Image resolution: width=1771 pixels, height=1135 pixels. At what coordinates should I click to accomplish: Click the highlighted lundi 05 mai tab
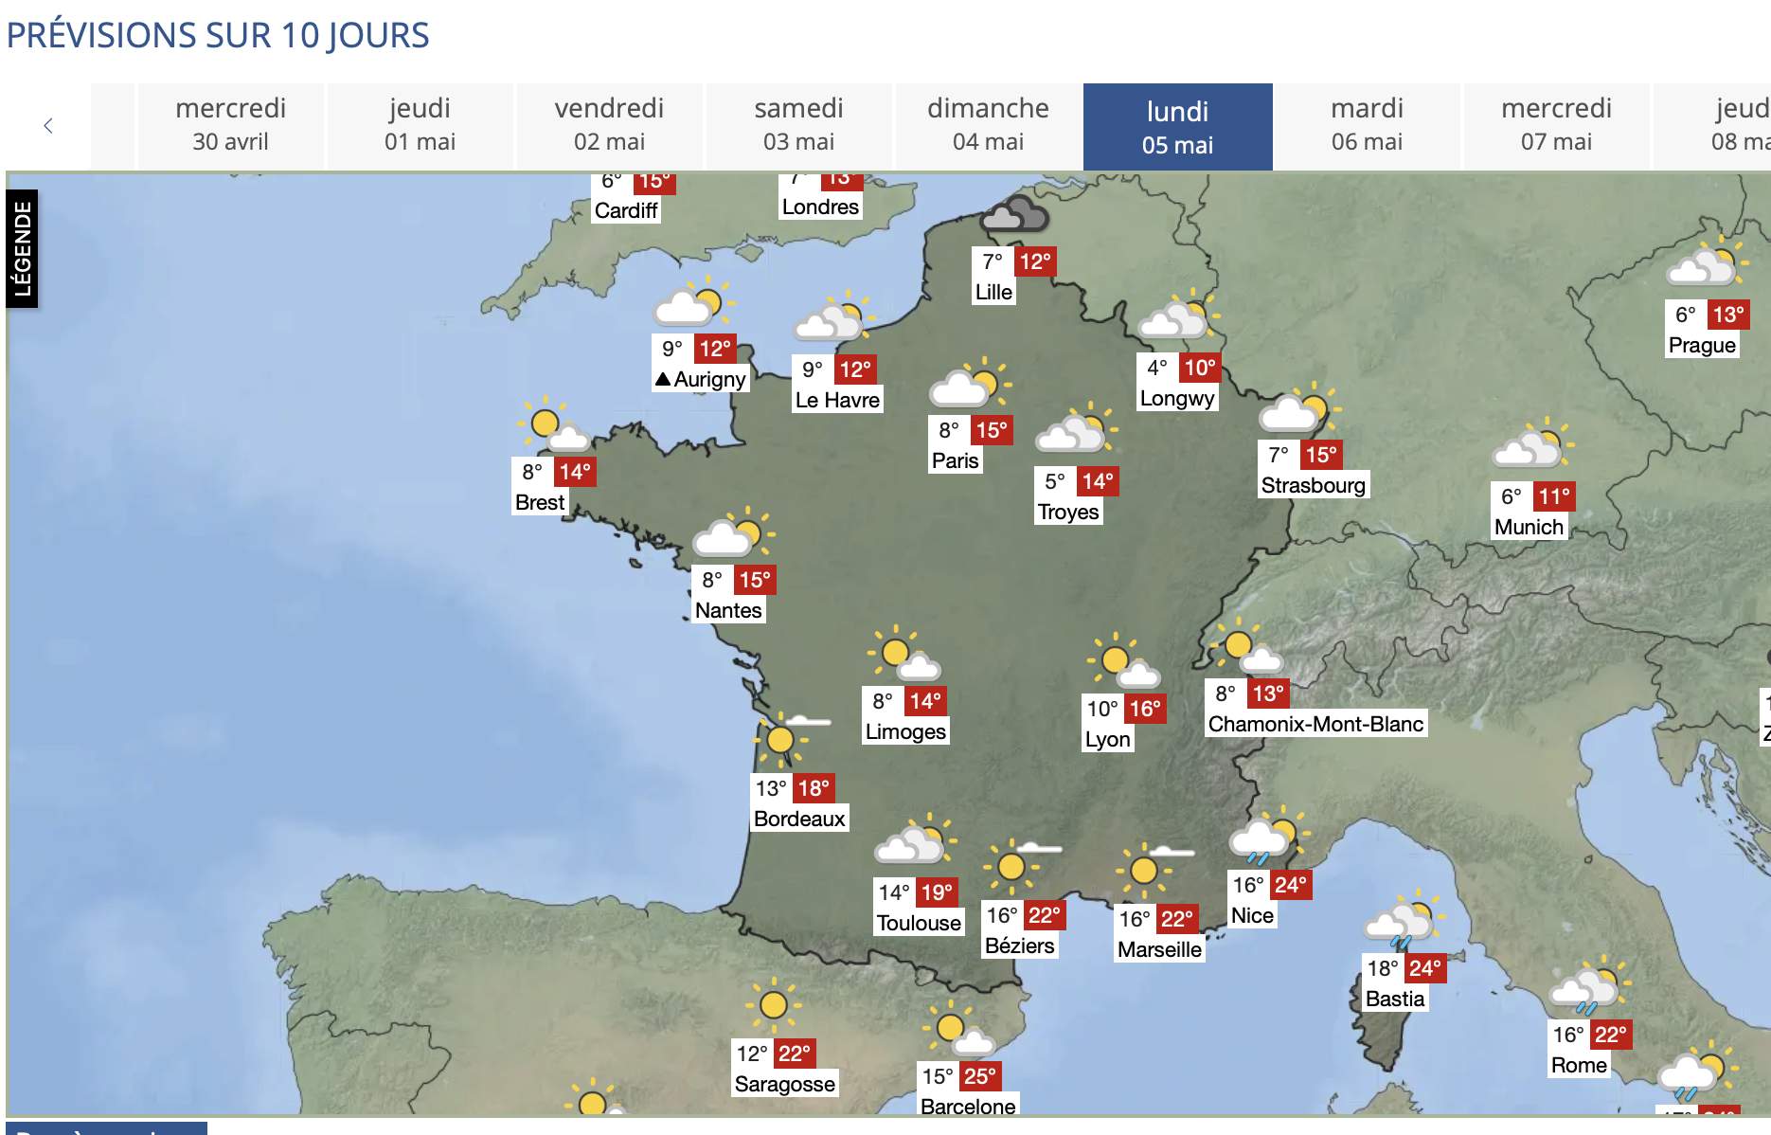tap(1177, 127)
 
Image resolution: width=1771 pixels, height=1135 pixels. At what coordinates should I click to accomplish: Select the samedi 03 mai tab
tap(798, 125)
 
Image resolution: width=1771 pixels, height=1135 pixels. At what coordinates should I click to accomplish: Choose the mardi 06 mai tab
tap(1367, 125)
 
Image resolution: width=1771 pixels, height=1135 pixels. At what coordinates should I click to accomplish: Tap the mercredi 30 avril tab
tap(230, 125)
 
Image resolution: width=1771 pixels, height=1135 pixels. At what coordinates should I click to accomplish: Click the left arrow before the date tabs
tap(48, 126)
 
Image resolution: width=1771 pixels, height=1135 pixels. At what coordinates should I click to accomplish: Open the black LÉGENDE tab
tap(22, 249)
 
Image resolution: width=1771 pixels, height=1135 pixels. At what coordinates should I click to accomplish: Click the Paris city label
tap(955, 460)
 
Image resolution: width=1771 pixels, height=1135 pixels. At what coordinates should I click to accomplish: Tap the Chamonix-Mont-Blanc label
tap(1315, 724)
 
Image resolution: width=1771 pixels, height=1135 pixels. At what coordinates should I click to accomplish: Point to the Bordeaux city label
tap(799, 819)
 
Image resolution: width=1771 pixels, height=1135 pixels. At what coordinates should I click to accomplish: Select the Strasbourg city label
tap(1313, 485)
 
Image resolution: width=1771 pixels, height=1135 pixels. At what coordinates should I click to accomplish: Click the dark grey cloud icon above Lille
tap(1014, 216)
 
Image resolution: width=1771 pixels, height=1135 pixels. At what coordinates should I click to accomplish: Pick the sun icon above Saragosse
tap(774, 1004)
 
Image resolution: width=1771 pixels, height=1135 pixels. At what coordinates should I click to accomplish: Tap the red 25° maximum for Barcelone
tap(979, 1076)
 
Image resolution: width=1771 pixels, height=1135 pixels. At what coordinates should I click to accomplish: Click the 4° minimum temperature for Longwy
tap(1156, 368)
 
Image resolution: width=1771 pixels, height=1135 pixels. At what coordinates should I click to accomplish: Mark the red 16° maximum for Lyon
tap(1144, 709)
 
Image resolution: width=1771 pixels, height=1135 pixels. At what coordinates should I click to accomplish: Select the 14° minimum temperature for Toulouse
tap(893, 892)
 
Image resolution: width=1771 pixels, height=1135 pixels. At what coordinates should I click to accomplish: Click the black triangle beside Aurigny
tap(663, 380)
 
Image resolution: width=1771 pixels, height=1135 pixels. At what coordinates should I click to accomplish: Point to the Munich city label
tap(1529, 527)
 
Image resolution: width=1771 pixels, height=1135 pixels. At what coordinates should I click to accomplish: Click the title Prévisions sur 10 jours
tap(218, 36)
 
